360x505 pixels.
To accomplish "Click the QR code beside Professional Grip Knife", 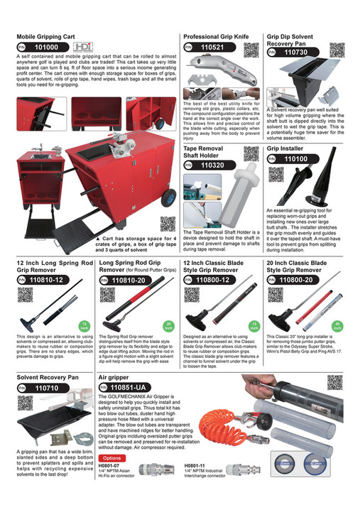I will pyautogui.click(x=251, y=50).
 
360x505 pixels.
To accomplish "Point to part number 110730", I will pyautogui.click(x=295, y=53).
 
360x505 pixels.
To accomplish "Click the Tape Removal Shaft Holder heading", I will pyautogui.click(x=204, y=153).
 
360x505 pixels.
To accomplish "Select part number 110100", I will pyautogui.click(x=295, y=160).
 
